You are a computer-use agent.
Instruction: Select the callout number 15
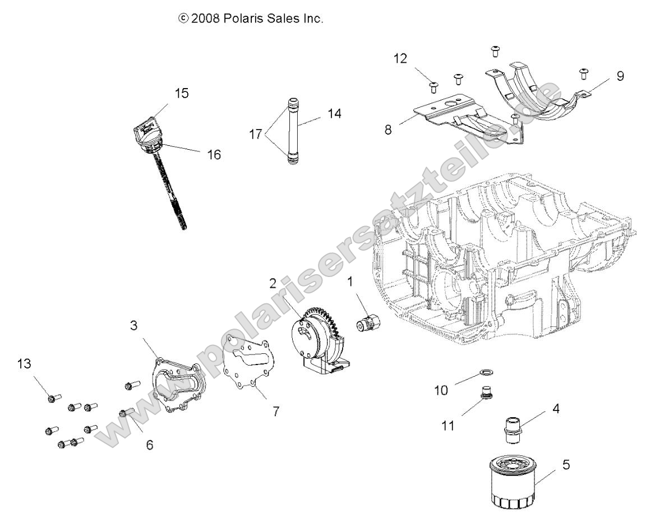181,93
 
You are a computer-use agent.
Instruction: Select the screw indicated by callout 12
433,86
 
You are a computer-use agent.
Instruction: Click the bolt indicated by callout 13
51,399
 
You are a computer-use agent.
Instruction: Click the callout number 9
620,76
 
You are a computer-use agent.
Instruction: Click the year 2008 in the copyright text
205,19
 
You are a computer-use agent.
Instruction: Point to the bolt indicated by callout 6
125,414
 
